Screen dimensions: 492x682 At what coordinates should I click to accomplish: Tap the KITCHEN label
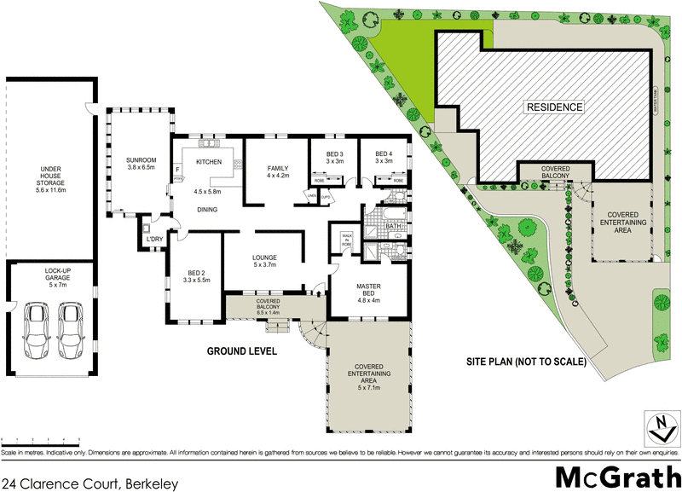pyautogui.click(x=209, y=162)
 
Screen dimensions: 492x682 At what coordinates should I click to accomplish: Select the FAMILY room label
pyautogui.click(x=278, y=169)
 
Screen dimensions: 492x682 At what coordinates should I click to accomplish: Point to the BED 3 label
pyautogui.click(x=333, y=153)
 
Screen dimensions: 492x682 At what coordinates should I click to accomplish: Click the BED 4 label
pyautogui.click(x=383, y=153)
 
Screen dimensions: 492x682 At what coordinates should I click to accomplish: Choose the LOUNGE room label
pyautogui.click(x=266, y=258)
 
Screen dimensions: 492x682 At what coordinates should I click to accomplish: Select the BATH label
pyautogui.click(x=393, y=227)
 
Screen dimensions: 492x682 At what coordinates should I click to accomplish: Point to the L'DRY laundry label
pyautogui.click(x=155, y=239)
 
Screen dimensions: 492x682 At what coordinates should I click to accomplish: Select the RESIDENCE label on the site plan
pyautogui.click(x=554, y=107)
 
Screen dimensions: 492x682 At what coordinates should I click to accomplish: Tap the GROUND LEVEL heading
pyautogui.click(x=241, y=351)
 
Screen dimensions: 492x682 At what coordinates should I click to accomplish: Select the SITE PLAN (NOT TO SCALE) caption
pyautogui.click(x=526, y=362)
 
